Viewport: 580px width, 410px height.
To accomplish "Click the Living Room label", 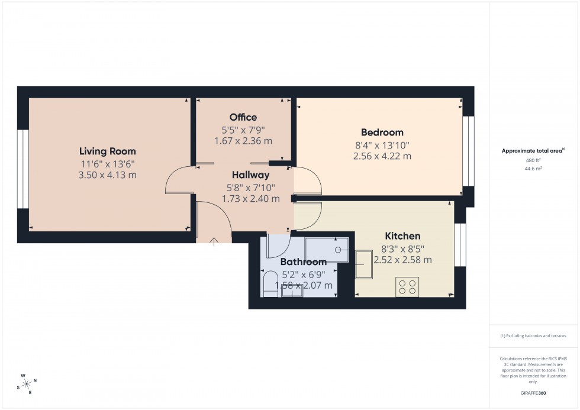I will click(x=108, y=151).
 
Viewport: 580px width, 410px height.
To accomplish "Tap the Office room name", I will click(x=243, y=117).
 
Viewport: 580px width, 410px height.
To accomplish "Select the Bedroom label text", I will click(x=382, y=133).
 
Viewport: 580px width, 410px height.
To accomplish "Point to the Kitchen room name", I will click(x=402, y=236).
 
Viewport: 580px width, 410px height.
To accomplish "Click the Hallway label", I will click(x=250, y=175).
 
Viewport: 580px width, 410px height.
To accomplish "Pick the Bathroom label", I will click(x=303, y=262).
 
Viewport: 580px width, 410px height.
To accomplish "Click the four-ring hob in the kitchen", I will click(x=407, y=287).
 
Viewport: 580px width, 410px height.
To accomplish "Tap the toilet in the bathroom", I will click(x=269, y=282).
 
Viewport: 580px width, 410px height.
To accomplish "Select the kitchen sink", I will click(x=363, y=264).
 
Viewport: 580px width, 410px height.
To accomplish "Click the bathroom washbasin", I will click(x=292, y=290).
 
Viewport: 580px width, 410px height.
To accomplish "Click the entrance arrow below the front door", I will click(x=214, y=241).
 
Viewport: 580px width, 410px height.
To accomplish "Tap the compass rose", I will click(x=27, y=383).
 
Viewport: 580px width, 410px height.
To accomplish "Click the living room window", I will click(x=22, y=169).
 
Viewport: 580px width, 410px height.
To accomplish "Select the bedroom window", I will click(x=468, y=151).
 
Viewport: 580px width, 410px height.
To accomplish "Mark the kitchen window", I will click(x=460, y=245).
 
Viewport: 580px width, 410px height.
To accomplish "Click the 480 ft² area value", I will click(x=533, y=160).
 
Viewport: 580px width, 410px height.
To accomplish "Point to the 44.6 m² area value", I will click(x=533, y=169).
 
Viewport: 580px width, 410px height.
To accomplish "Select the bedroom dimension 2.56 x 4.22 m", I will click(x=382, y=156).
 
